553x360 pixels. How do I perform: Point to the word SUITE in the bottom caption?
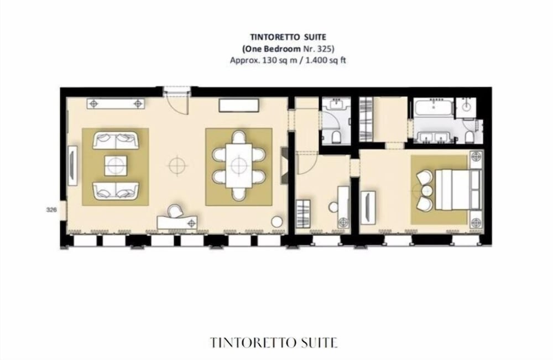point(316,342)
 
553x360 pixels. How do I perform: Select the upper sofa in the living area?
point(115,140)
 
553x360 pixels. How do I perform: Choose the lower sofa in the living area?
point(115,190)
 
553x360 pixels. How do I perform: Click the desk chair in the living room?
point(175,212)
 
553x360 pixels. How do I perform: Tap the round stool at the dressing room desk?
point(333,207)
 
